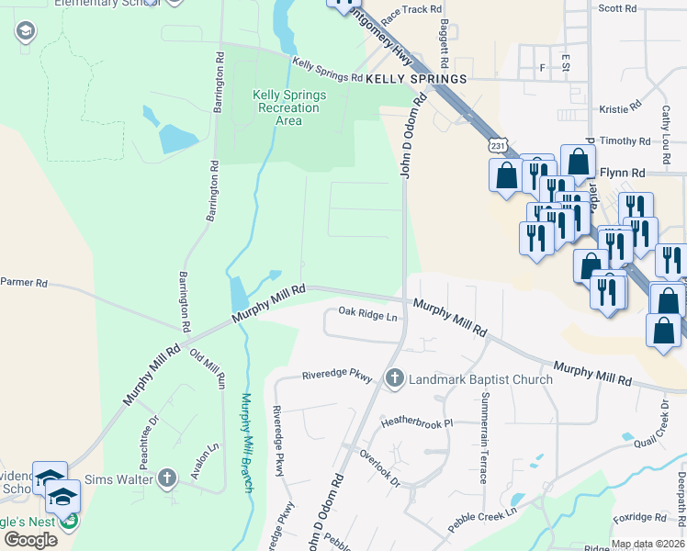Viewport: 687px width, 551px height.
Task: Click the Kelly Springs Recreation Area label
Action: click(288, 107)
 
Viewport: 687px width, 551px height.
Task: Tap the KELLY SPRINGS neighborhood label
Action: click(416, 80)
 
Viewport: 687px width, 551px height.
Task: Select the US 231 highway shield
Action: click(497, 146)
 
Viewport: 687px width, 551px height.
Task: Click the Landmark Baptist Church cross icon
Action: click(395, 378)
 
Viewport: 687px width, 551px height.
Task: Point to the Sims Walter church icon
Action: click(166, 478)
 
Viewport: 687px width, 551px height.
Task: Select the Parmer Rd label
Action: click(24, 283)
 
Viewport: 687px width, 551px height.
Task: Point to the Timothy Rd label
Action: click(625, 141)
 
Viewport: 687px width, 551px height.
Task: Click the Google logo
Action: click(30, 540)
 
